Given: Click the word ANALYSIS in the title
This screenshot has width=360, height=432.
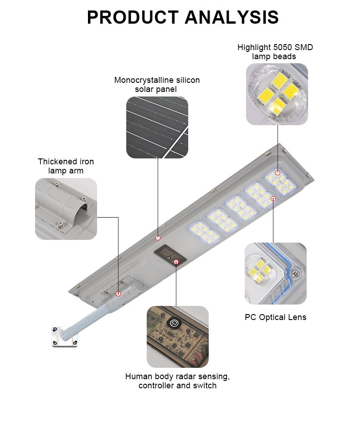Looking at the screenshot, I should (231, 17).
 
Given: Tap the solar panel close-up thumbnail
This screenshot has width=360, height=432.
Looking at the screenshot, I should (157, 127).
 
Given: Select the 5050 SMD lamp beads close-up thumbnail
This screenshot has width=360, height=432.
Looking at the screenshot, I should (277, 94).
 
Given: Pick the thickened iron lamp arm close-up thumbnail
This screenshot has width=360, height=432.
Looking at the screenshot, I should (66, 208).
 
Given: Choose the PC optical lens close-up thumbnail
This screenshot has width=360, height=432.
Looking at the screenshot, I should (276, 274).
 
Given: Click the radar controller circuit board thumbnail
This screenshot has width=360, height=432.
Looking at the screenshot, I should (178, 337).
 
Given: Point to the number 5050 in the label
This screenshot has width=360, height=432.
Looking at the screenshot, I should (281, 47).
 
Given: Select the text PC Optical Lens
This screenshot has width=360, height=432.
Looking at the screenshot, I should (276, 317).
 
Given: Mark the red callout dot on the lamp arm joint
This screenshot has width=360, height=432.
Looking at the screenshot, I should (118, 294).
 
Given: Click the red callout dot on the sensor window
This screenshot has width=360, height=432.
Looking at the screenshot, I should (176, 261).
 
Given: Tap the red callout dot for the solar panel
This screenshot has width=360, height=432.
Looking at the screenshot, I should (158, 238).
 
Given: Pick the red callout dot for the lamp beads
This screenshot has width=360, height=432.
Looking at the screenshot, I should (278, 173).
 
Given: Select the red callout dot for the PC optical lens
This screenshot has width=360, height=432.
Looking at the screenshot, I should (273, 198).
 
